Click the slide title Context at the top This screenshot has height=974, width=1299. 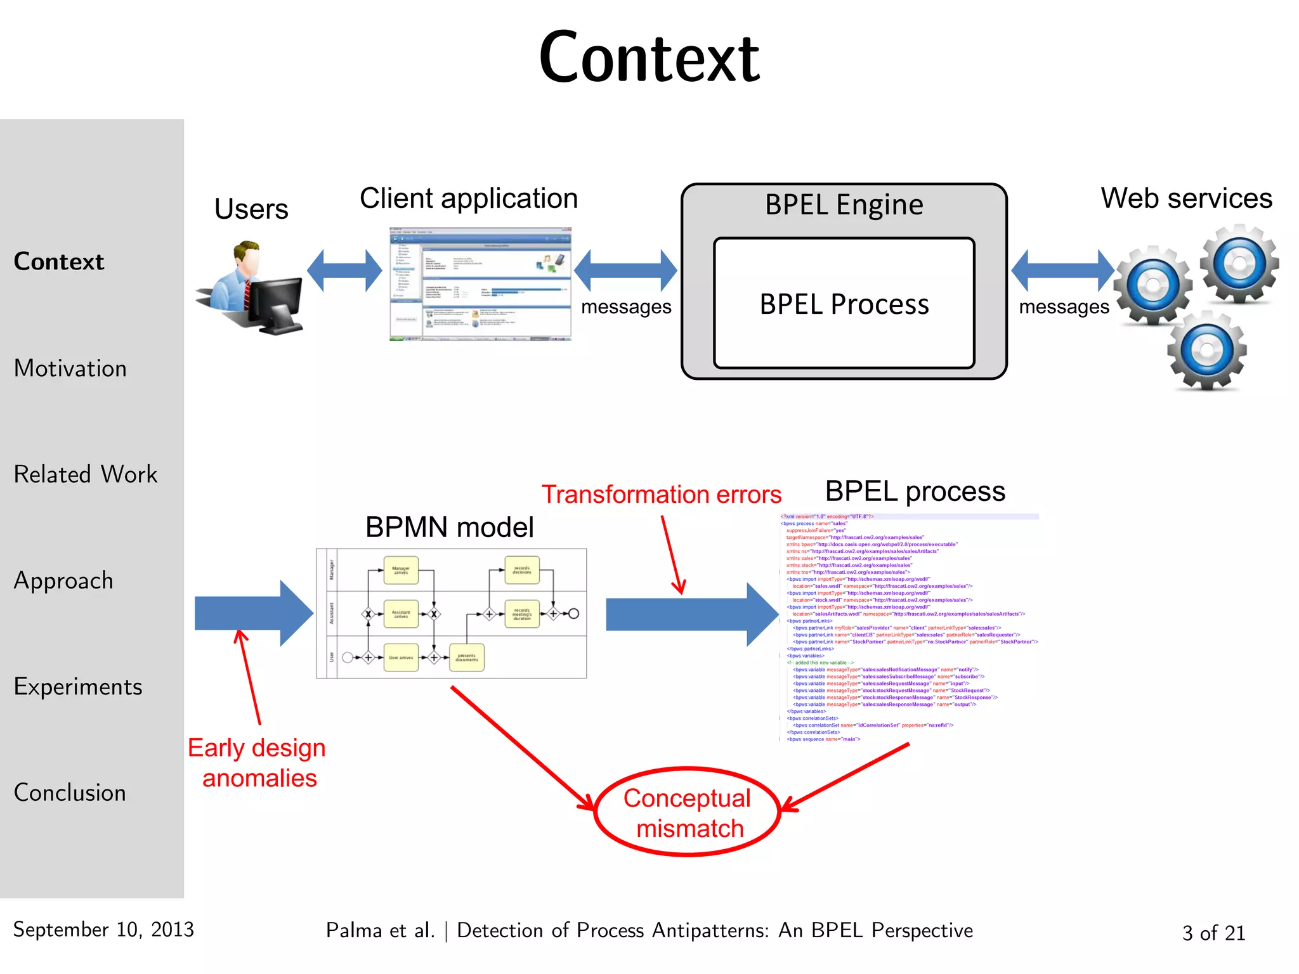click(x=649, y=58)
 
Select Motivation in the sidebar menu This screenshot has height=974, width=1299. click(x=70, y=368)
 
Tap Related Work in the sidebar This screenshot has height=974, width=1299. click(x=86, y=474)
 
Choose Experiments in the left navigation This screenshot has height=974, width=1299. click(x=78, y=687)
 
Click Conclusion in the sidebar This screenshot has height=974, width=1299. click(x=70, y=793)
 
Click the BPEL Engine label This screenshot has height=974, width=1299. click(x=844, y=205)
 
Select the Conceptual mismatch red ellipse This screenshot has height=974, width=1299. click(x=688, y=812)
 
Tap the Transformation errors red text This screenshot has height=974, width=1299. click(x=661, y=495)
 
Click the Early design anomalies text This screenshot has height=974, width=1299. click(x=258, y=763)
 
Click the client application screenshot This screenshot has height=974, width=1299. click(x=480, y=284)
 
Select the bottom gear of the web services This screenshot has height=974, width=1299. click(x=1207, y=350)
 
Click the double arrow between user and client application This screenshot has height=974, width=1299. click(x=344, y=270)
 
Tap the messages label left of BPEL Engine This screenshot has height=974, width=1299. click(x=626, y=307)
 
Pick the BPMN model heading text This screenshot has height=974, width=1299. click(x=449, y=528)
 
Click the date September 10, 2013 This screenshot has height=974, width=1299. click(x=103, y=930)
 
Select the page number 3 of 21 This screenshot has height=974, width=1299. click(x=1213, y=933)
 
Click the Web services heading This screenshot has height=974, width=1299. click(x=1186, y=198)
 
